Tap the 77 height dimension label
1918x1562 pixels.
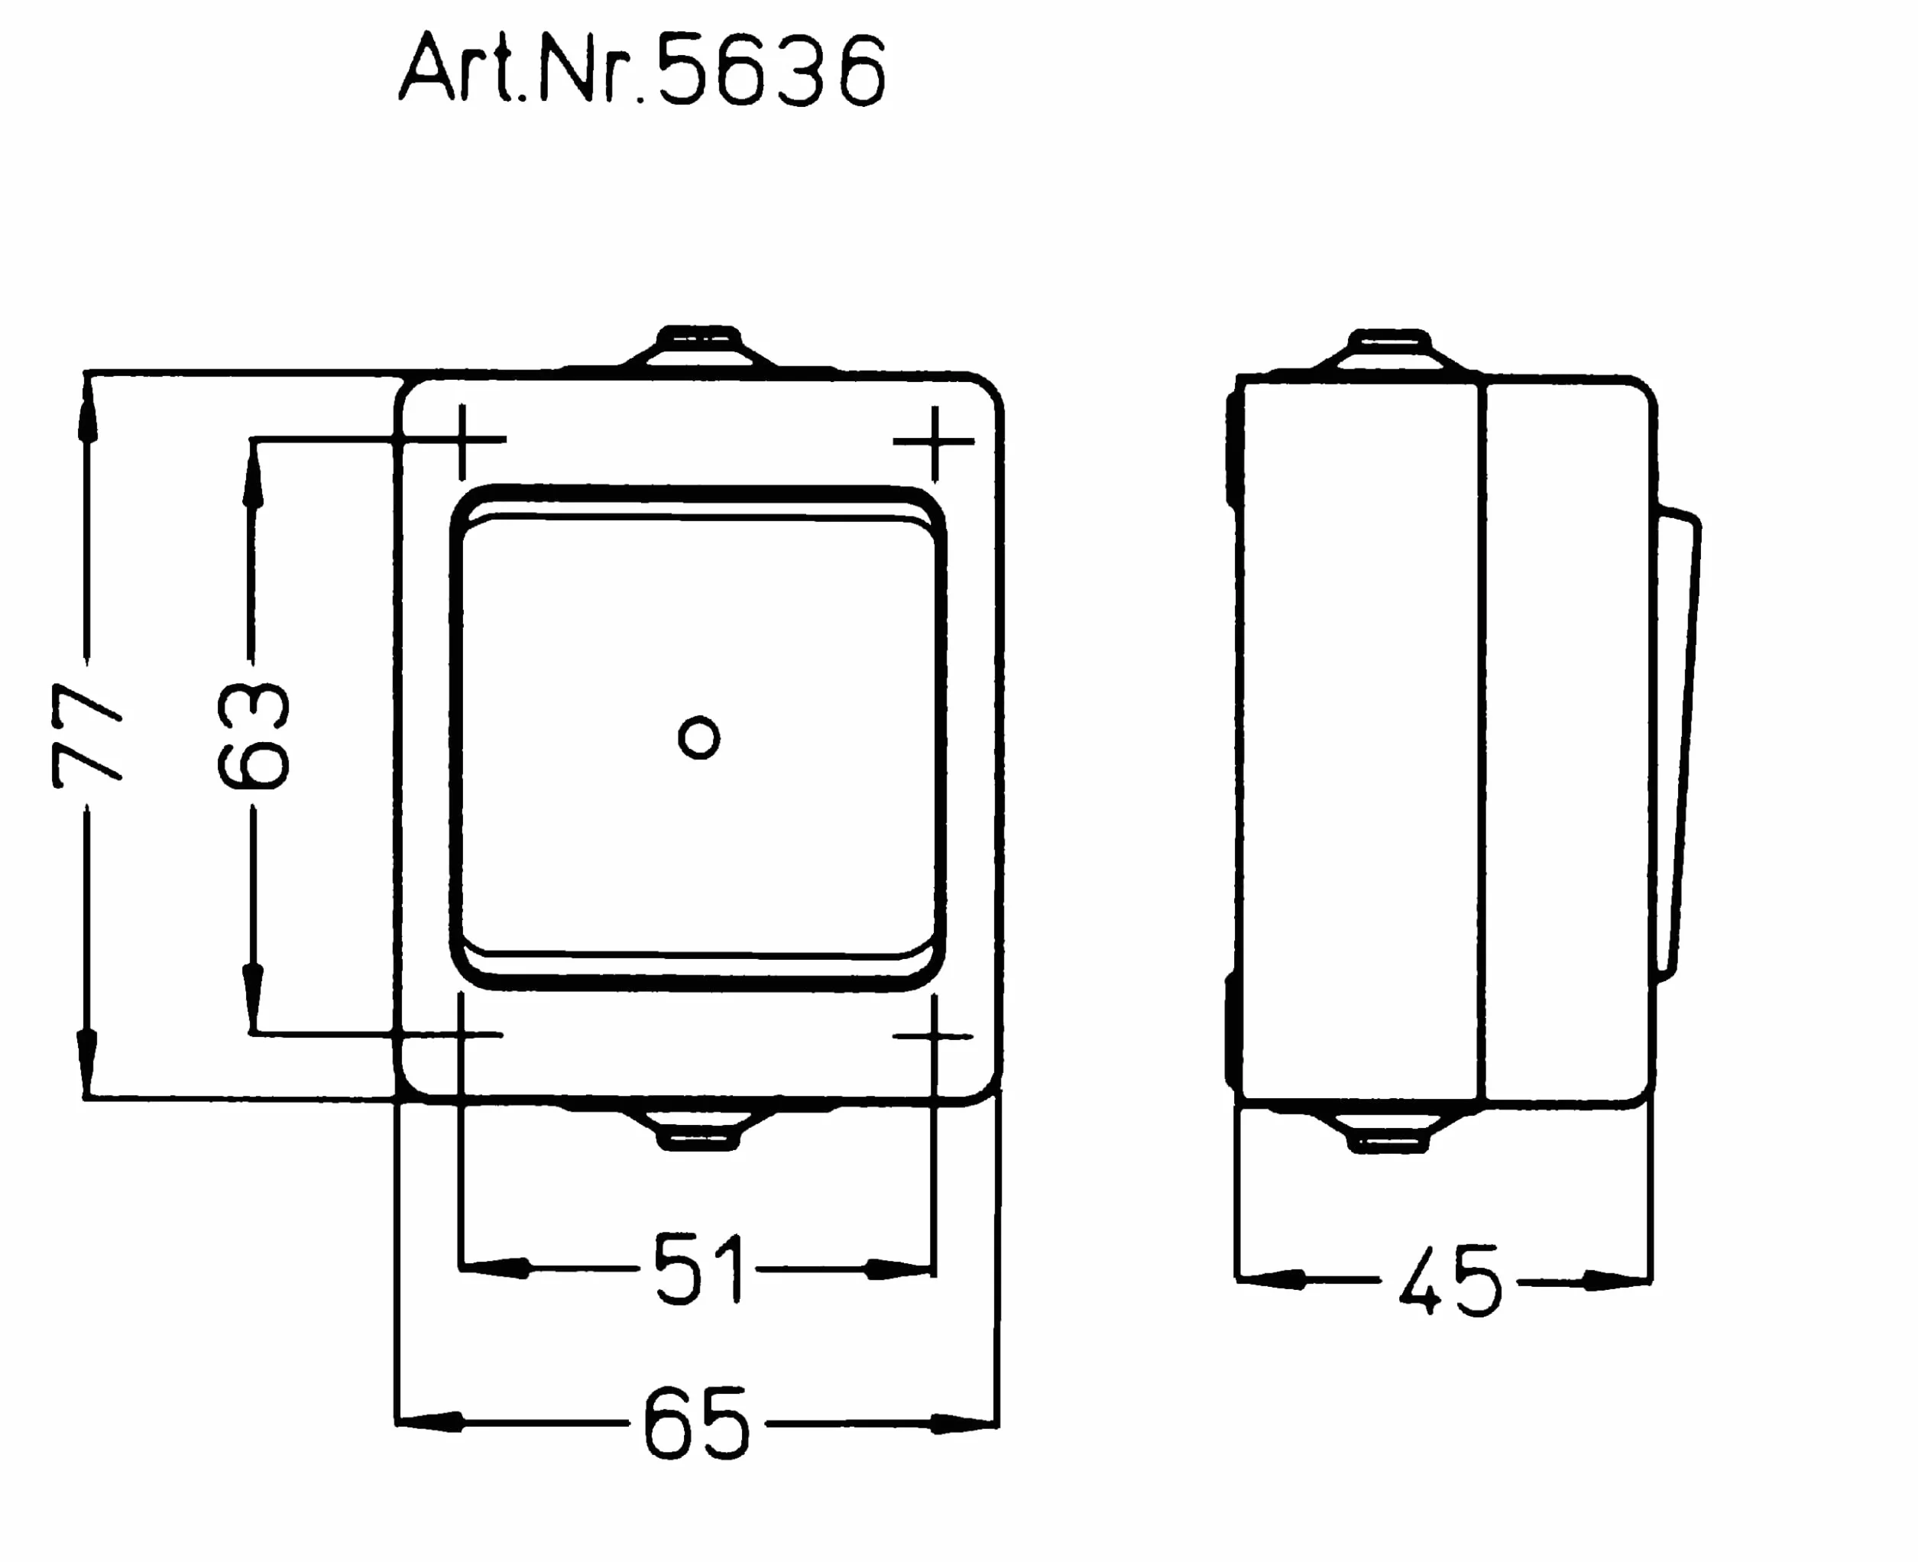86,735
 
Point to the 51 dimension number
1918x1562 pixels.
699,1269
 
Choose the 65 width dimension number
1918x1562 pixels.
696,1424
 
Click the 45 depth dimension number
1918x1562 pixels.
1450,1280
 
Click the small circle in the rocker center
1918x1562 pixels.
699,737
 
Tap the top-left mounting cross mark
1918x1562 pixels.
462,440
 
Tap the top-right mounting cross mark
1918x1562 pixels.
935,441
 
